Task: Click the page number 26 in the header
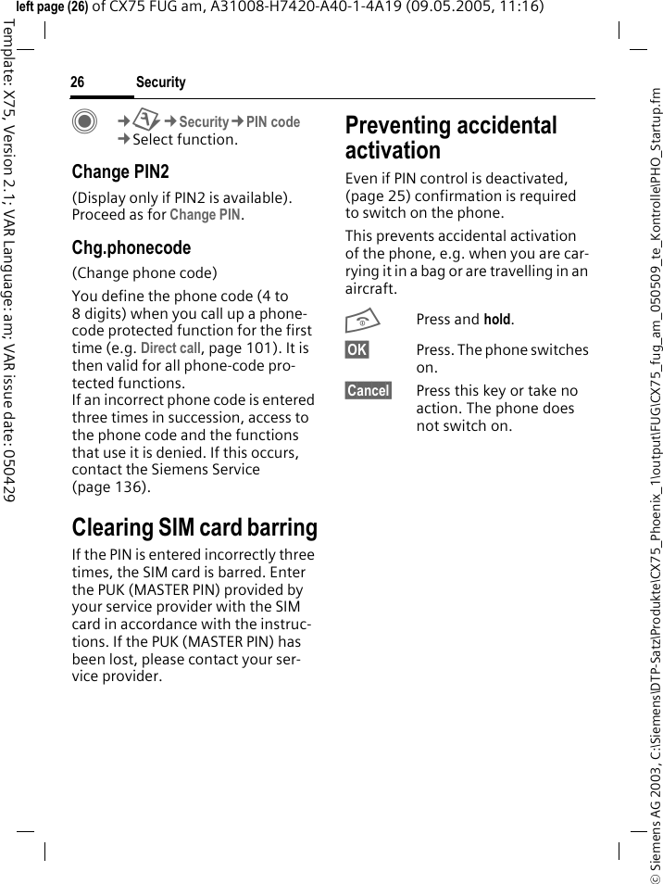[x=77, y=82]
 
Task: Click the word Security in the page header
[x=160, y=82]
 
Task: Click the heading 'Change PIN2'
[x=120, y=171]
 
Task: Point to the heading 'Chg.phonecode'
[x=131, y=247]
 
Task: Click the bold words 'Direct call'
[x=169, y=348]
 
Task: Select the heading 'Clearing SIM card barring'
[x=194, y=527]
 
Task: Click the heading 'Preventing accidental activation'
[x=451, y=137]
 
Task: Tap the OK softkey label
[x=357, y=349]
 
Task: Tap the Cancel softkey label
[x=368, y=390]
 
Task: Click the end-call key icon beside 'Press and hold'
[x=357, y=321]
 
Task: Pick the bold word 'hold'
[x=497, y=320]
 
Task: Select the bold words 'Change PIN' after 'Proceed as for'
[x=206, y=215]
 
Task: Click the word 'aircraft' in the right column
[x=369, y=289]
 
